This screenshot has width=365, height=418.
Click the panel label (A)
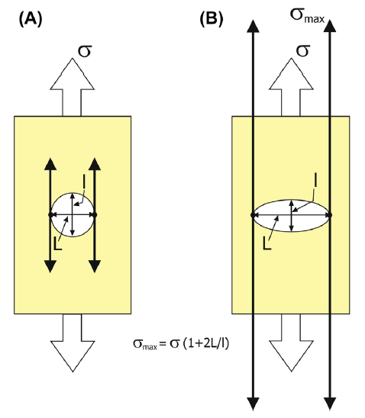click(31, 20)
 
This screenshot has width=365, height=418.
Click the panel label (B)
click(212, 20)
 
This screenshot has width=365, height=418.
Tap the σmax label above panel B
click(307, 16)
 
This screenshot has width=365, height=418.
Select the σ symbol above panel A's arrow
click(85, 51)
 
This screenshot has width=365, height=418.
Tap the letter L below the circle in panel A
click(57, 244)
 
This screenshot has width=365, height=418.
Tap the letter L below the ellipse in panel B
click(266, 243)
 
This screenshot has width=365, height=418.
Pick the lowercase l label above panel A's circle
click(84, 182)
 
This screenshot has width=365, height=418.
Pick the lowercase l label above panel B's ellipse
click(316, 181)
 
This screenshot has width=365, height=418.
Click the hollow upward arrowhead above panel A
click(73, 74)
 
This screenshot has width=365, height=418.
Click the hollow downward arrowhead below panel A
click(73, 356)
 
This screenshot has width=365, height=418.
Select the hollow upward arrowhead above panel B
click(291, 74)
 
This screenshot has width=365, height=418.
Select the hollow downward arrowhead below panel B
click(291, 356)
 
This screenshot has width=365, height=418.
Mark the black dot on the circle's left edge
click(50, 214)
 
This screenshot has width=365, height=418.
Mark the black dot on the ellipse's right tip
click(331, 215)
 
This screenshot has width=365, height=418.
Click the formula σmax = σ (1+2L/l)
click(181, 343)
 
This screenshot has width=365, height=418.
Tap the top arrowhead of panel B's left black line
click(253, 26)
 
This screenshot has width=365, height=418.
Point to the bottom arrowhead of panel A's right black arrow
click(95, 266)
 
